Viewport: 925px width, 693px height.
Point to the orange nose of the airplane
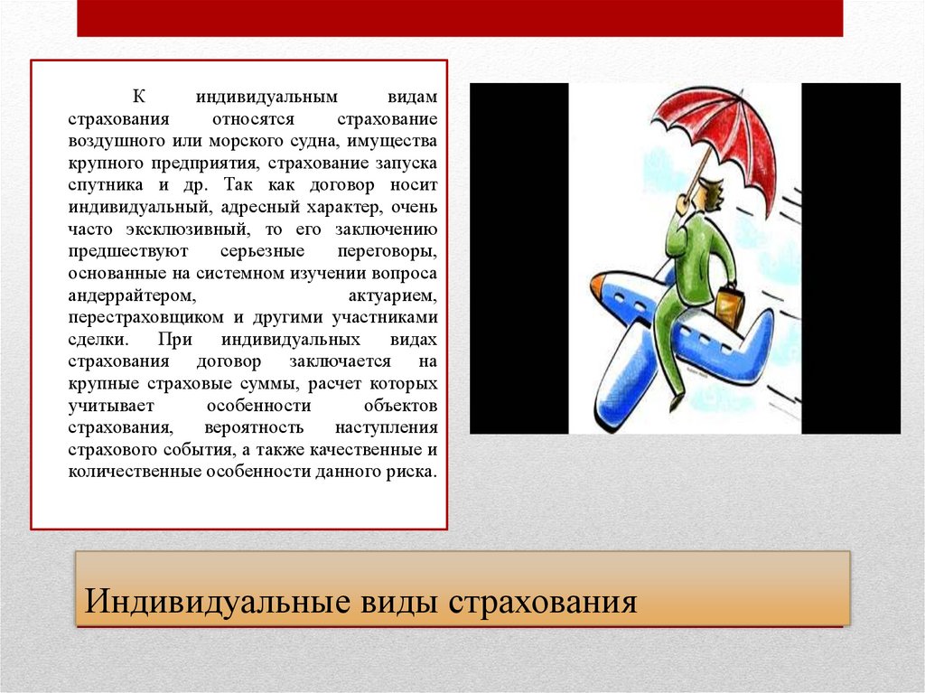click(596, 287)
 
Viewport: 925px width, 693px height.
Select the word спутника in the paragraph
click(97, 185)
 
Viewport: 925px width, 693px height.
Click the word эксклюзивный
click(178, 229)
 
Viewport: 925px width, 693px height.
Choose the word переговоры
click(393, 251)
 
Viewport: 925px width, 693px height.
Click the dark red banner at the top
click(459, 18)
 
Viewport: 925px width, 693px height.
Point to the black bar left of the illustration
click(519, 258)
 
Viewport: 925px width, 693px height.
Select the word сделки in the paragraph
click(98, 340)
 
